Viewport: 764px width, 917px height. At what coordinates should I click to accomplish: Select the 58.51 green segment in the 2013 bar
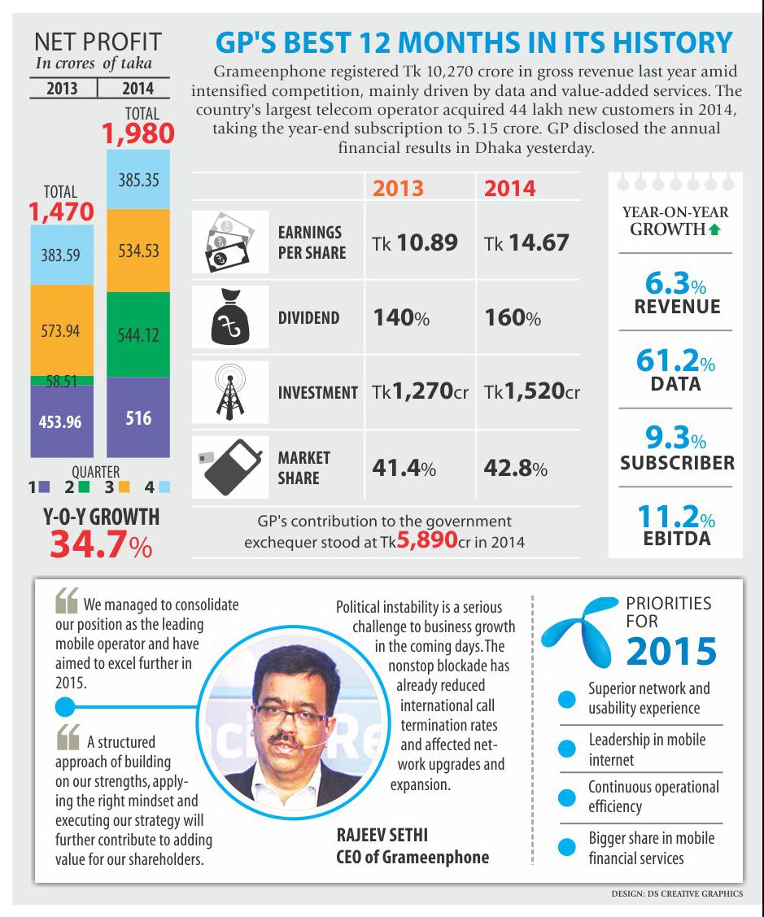61,380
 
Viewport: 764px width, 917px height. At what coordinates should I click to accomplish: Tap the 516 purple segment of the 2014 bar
138,420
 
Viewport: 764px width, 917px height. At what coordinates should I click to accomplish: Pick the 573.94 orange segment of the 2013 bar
61,334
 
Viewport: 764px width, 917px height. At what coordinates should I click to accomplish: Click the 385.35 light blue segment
138,180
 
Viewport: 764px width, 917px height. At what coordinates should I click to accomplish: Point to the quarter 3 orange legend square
124,487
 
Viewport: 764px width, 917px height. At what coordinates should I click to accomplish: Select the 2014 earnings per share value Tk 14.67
526,242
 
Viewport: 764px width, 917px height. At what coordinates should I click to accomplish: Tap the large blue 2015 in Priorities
672,651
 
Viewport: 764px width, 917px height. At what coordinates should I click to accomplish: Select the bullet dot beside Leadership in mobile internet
565,749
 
